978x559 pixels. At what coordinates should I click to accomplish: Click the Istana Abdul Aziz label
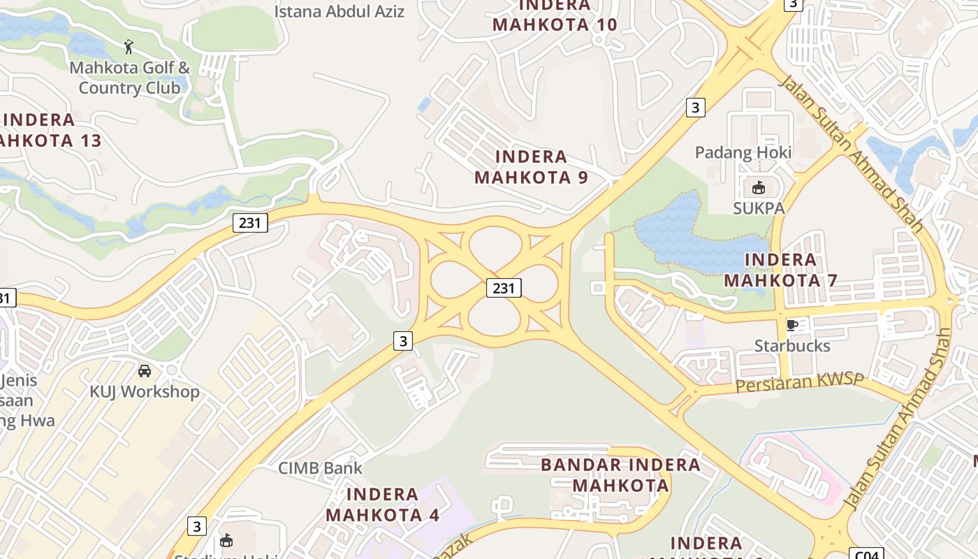click(339, 11)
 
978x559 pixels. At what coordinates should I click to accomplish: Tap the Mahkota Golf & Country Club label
click(129, 78)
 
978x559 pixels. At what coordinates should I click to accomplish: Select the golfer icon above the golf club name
click(129, 48)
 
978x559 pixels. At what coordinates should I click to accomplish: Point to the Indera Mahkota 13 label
click(49, 130)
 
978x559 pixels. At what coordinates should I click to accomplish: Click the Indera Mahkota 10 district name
click(555, 15)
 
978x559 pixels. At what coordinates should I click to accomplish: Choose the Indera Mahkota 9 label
click(531, 167)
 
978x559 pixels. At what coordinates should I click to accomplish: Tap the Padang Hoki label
click(743, 152)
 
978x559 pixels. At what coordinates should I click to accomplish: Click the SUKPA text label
click(759, 208)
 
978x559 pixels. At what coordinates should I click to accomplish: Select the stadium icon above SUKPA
click(758, 187)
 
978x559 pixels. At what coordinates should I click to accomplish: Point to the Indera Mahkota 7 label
click(780, 270)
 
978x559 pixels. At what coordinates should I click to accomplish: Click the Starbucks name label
click(792, 346)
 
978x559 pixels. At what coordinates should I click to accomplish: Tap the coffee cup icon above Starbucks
click(791, 325)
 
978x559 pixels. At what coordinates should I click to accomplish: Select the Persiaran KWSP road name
click(801, 383)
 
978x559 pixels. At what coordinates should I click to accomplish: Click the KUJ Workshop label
click(145, 391)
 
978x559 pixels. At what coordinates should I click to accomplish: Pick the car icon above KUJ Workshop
click(145, 370)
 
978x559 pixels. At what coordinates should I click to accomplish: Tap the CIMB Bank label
click(321, 468)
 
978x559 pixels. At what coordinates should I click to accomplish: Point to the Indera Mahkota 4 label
click(382, 504)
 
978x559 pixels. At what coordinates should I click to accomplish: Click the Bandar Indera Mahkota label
click(620, 474)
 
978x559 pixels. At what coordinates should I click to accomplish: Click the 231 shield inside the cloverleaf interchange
click(504, 287)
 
